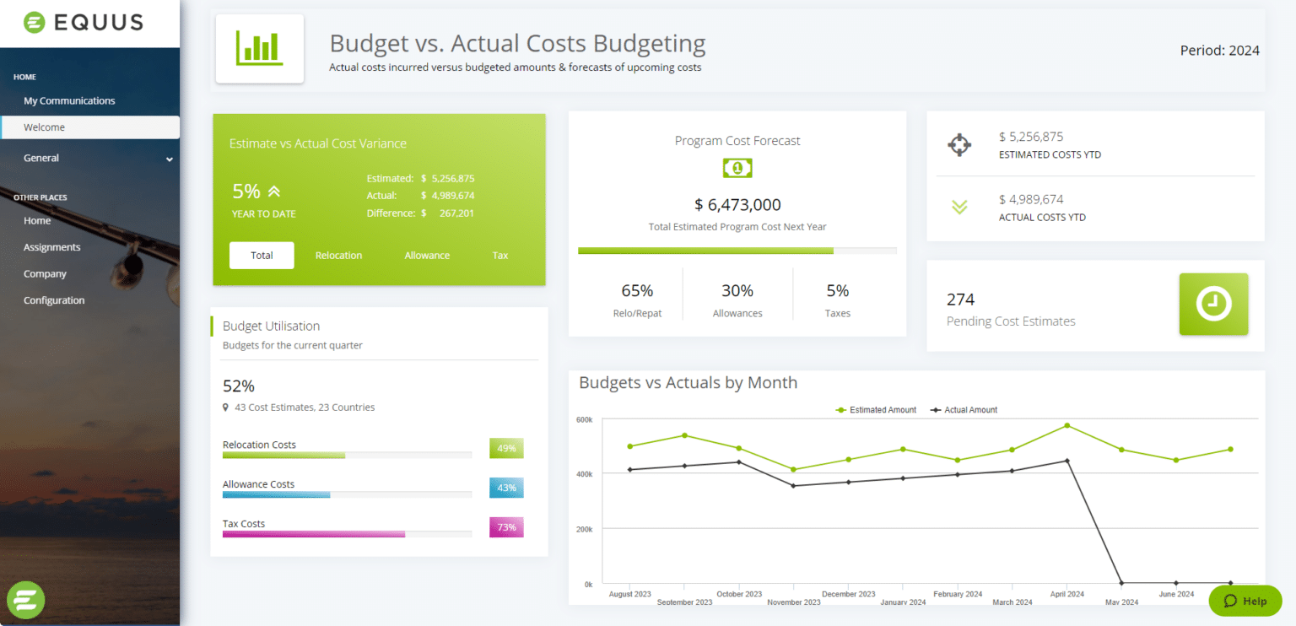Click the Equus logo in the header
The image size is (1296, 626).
coord(83,23)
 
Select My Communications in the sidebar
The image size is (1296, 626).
coord(69,100)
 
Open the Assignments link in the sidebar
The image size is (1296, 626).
coord(52,247)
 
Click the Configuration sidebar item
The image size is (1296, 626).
coord(54,300)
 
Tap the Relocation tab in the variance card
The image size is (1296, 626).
coord(338,255)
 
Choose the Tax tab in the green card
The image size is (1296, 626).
coord(500,255)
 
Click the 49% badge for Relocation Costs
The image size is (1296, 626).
coord(506,448)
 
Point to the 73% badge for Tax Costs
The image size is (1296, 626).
coord(506,528)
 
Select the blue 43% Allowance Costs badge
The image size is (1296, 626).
coord(506,488)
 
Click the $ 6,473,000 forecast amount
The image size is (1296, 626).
coord(737,204)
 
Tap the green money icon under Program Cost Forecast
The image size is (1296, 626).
coord(737,169)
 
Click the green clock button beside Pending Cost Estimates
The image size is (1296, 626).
coord(1213,305)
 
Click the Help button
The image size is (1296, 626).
coord(1245,601)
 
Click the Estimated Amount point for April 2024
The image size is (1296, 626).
coord(1066,425)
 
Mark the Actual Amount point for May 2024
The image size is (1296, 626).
coord(1121,582)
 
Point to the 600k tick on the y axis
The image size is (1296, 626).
coord(584,419)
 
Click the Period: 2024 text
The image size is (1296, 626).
coord(1219,51)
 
